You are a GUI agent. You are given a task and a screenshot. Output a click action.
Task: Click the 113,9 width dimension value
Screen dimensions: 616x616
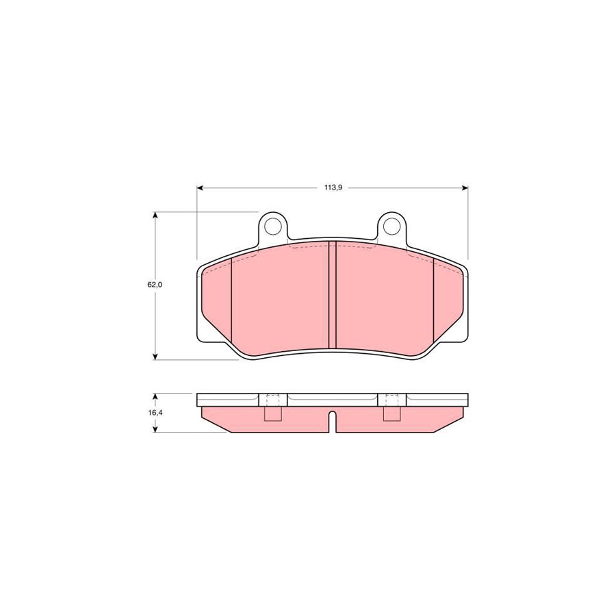tap(332, 188)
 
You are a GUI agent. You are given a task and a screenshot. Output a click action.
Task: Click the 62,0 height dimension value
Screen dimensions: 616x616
tap(154, 284)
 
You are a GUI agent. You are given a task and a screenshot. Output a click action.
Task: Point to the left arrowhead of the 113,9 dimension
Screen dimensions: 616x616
tap(201, 188)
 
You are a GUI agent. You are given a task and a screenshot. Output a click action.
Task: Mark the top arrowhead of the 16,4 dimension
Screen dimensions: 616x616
tap(156, 397)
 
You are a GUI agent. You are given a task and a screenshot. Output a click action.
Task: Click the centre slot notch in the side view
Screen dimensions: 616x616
tap(333, 421)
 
